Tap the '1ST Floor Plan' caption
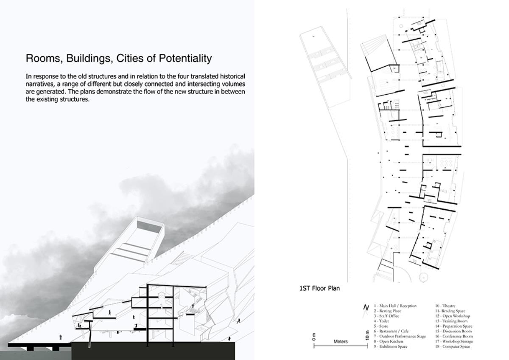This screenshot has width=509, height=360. pyautogui.click(x=319, y=289)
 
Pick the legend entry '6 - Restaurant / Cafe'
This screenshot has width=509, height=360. pyautogui.click(x=391, y=331)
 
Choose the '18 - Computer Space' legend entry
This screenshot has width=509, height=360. pyautogui.click(x=453, y=346)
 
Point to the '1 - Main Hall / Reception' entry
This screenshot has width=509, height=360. pyautogui.click(x=395, y=306)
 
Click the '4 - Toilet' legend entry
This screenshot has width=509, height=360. pyautogui.click(x=381, y=321)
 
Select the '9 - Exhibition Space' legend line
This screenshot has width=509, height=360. pyautogui.click(x=390, y=346)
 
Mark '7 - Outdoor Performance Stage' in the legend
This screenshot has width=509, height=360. pyautogui.click(x=400, y=336)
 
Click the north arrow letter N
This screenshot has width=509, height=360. pyautogui.click(x=366, y=308)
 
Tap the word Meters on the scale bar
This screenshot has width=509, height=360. pyautogui.click(x=341, y=341)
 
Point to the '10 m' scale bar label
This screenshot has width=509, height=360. pyautogui.click(x=367, y=335)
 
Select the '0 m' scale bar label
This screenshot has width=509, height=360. pyautogui.click(x=314, y=336)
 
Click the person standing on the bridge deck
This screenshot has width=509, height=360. pyautogui.click(x=60, y=337)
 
